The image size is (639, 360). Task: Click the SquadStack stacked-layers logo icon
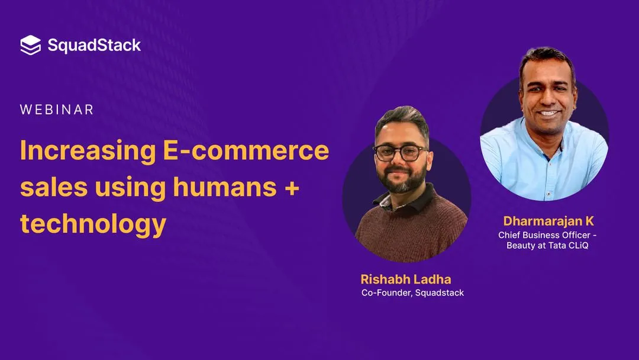click(x=31, y=46)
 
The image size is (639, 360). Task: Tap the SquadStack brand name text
click(x=94, y=46)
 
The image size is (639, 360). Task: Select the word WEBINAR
click(x=57, y=110)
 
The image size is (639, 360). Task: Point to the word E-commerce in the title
click(x=245, y=151)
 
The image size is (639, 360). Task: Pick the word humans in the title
click(x=224, y=188)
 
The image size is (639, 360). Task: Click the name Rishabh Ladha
click(x=405, y=279)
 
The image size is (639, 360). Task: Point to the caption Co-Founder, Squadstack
click(x=412, y=292)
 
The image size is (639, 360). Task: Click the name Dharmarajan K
click(x=548, y=221)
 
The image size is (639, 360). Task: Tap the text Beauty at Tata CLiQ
click(x=547, y=245)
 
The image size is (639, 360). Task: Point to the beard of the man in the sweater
click(x=402, y=181)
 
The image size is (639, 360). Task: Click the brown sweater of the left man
click(x=408, y=231)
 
